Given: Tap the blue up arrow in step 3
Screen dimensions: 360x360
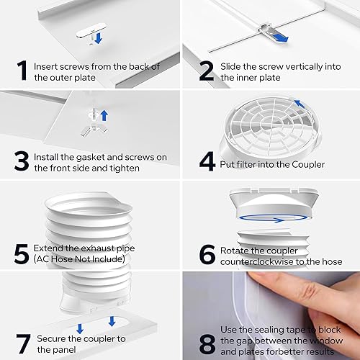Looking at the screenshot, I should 103,114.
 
